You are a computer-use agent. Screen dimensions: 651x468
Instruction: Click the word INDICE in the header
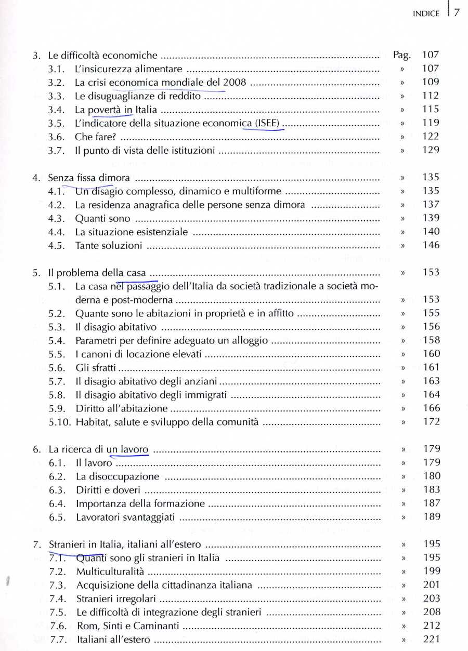pyautogui.click(x=426, y=14)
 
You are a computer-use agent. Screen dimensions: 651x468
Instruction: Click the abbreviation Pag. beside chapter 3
pyautogui.click(x=402, y=55)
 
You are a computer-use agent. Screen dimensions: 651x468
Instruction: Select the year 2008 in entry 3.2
pyautogui.click(x=234, y=82)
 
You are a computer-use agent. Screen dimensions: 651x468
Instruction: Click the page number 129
pyautogui.click(x=431, y=150)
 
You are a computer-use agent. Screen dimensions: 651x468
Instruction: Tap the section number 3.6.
pyautogui.click(x=56, y=137)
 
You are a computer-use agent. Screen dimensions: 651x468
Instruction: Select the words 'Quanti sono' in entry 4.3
pyautogui.click(x=102, y=218)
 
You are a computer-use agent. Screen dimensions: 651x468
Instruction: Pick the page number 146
pyautogui.click(x=431, y=245)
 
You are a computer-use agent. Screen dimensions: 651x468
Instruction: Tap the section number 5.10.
pyautogui.click(x=59, y=422)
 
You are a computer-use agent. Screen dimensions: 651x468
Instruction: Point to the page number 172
pyautogui.click(x=431, y=422)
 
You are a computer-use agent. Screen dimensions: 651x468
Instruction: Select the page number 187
pyautogui.click(x=431, y=503)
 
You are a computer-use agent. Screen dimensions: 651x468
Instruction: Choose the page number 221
pyautogui.click(x=431, y=640)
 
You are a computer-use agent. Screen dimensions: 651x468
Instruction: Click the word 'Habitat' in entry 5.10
pyautogui.click(x=93, y=422)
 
